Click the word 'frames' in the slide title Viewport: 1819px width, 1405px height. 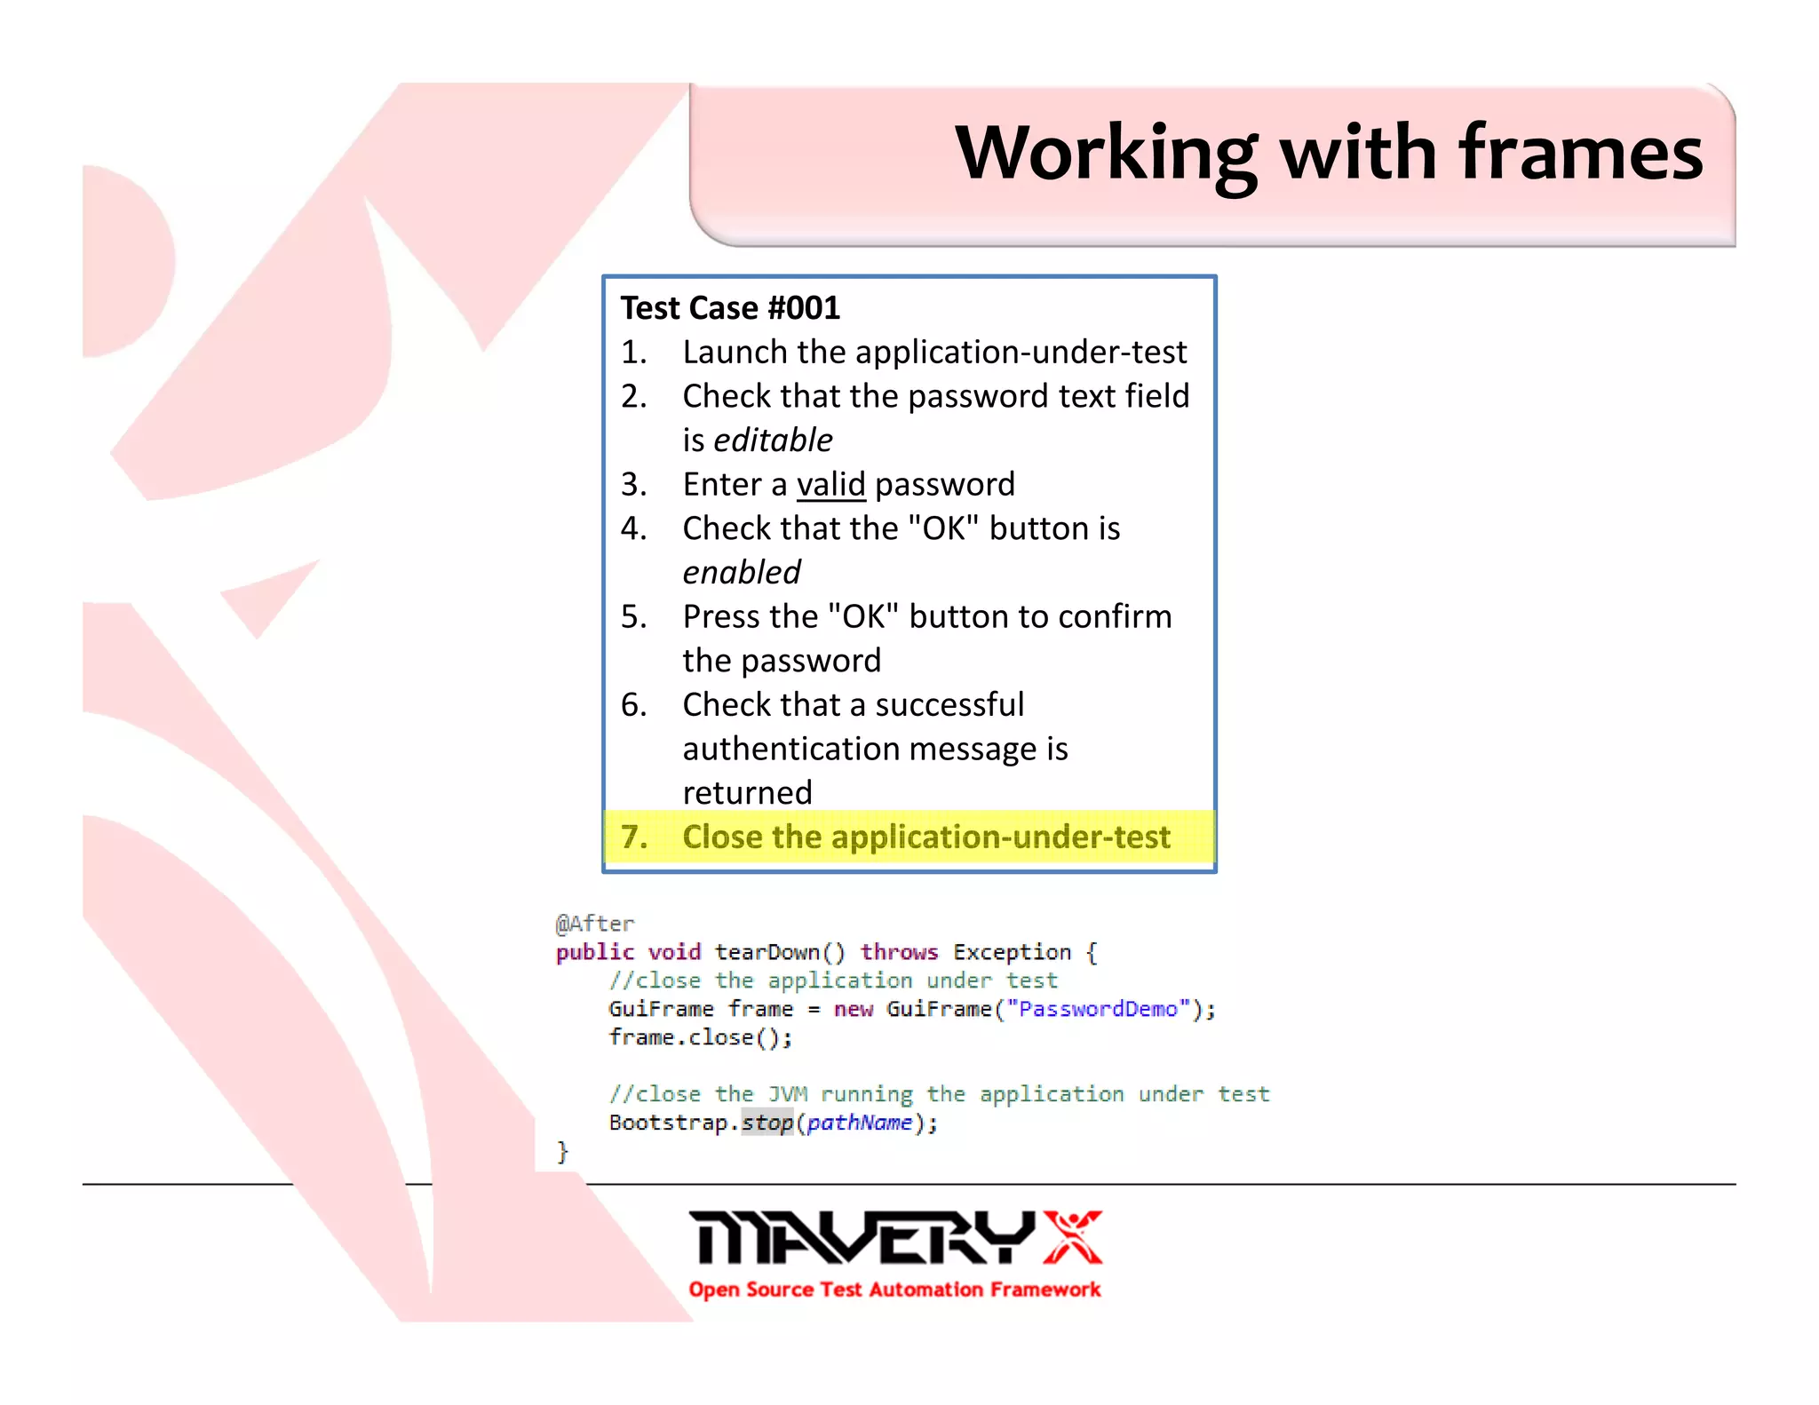coord(1581,153)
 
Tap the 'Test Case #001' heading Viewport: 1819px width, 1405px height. coord(730,308)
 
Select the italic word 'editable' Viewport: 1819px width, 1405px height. coord(773,440)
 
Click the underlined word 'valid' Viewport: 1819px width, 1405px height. coord(830,484)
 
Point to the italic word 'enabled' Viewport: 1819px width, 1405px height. coord(742,572)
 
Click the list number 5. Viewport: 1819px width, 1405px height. coord(633,616)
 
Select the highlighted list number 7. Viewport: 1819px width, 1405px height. coord(633,837)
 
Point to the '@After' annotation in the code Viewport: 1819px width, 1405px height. coord(594,924)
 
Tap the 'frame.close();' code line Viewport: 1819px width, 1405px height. coord(700,1037)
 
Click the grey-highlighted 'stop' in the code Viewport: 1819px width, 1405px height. coord(767,1123)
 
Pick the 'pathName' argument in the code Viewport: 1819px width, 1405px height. coord(859,1123)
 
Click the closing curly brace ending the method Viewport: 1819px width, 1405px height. coord(561,1152)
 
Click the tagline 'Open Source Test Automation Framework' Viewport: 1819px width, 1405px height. coord(894,1290)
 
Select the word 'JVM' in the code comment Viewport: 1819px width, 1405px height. coord(787,1094)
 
